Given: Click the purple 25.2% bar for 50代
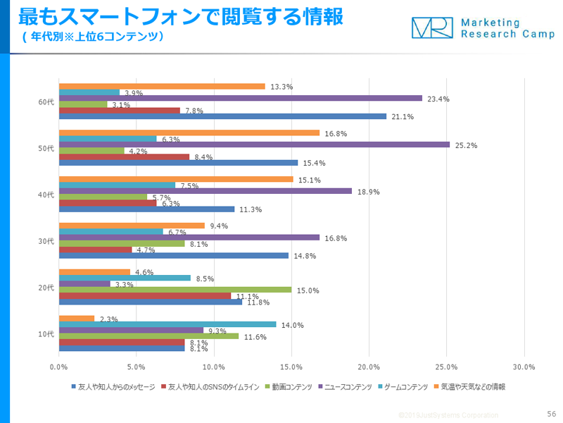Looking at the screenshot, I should [x=254, y=145].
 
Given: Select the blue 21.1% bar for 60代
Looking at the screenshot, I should [x=222, y=116].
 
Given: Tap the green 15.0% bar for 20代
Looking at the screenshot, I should [x=175, y=289].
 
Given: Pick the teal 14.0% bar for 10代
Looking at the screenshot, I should [x=167, y=324].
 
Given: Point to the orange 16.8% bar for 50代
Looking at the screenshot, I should [x=189, y=133].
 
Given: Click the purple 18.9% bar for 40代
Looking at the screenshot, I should [x=205, y=190].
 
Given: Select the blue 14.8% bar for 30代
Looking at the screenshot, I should [x=173, y=255].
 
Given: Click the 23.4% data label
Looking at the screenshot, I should [x=438, y=99].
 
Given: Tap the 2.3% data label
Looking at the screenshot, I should [x=109, y=319].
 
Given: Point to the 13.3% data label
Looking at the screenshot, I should [x=281, y=87].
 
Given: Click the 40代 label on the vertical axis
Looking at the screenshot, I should [x=46, y=195].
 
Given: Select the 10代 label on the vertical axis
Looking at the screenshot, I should [x=46, y=333].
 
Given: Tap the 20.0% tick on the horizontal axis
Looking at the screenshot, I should [x=369, y=367].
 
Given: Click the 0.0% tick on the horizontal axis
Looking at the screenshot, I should [x=59, y=367].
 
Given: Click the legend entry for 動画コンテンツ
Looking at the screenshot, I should [x=291, y=387].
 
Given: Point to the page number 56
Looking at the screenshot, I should [x=551, y=414].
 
